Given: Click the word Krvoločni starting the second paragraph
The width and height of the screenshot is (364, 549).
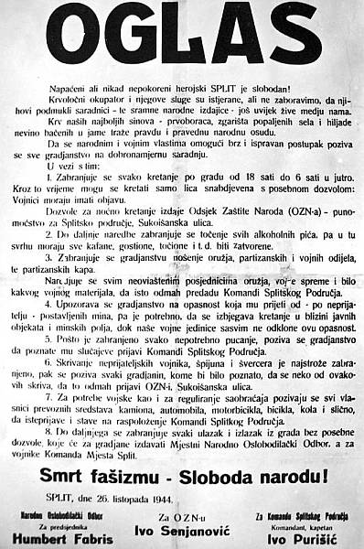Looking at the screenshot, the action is (x=63, y=100).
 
